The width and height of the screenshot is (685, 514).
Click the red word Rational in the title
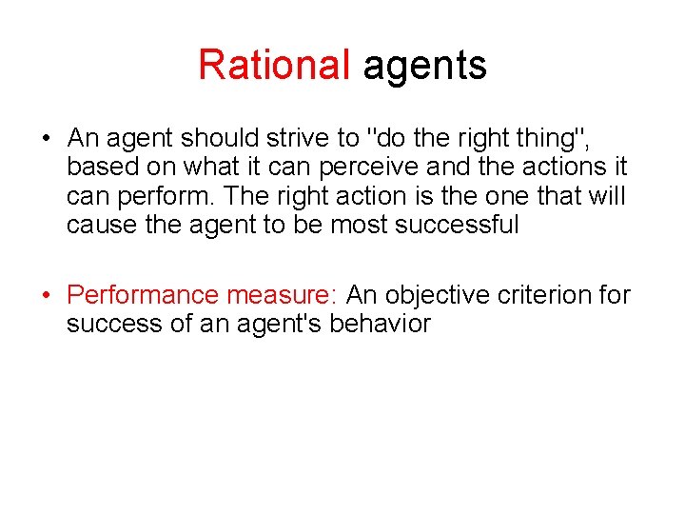[x=274, y=65]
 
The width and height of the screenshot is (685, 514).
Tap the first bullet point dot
[x=46, y=139]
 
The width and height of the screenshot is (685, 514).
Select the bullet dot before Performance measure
[x=46, y=295]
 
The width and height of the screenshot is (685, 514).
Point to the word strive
[x=298, y=139]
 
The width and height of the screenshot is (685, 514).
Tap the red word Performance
[x=143, y=295]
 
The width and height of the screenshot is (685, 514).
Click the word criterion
[x=545, y=295]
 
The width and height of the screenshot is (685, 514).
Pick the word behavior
[x=380, y=324]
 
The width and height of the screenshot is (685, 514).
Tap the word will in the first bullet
[x=603, y=196]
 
